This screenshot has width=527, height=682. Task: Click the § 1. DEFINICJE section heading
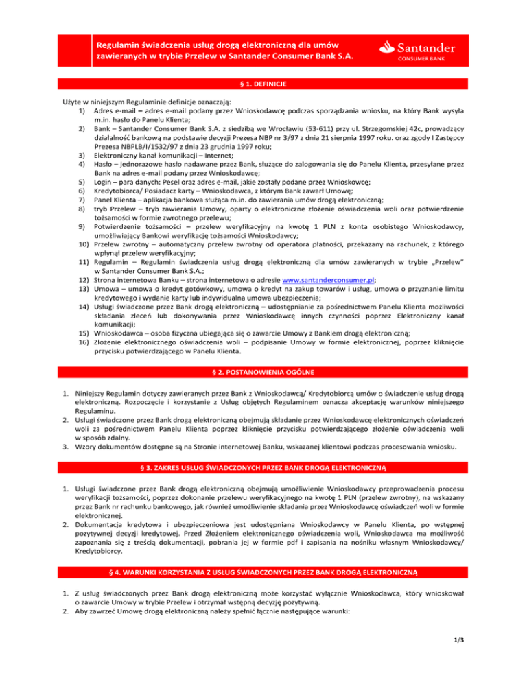[263, 83]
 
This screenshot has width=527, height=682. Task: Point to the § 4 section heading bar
[263, 569]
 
